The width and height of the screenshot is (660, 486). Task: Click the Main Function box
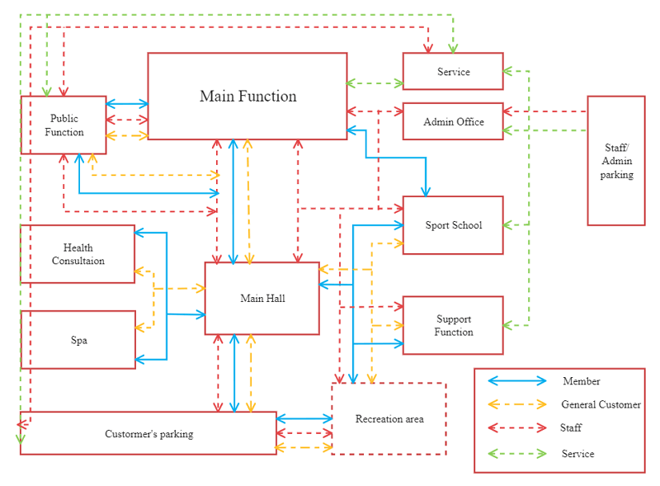tap(247, 97)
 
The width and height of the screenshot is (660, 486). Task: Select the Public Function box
tap(64, 125)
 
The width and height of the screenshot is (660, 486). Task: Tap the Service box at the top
tap(453, 72)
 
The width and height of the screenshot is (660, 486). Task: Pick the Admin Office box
tap(453, 122)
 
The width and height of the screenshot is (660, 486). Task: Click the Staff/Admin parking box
tap(616, 161)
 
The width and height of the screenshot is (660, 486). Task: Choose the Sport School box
tap(453, 225)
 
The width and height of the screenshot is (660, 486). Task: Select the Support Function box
tap(453, 326)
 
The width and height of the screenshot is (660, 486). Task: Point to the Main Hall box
tap(262, 299)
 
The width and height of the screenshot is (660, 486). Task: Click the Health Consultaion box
tap(78, 254)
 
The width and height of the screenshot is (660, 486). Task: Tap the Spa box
tap(78, 340)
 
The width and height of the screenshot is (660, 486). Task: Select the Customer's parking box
tap(148, 434)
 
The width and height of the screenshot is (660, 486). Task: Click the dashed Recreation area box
tap(389, 419)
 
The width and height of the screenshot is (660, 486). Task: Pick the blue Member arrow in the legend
tap(517, 381)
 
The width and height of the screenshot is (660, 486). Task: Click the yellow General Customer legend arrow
tap(517, 404)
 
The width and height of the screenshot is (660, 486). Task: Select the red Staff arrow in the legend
tap(517, 428)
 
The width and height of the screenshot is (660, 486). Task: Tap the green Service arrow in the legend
tap(517, 454)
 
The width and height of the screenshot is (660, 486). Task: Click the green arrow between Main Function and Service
tap(375, 83)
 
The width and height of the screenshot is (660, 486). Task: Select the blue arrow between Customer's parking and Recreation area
tap(304, 418)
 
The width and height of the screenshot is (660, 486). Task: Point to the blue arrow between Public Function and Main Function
tap(127, 104)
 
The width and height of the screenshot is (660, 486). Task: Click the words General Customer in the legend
tap(601, 405)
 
